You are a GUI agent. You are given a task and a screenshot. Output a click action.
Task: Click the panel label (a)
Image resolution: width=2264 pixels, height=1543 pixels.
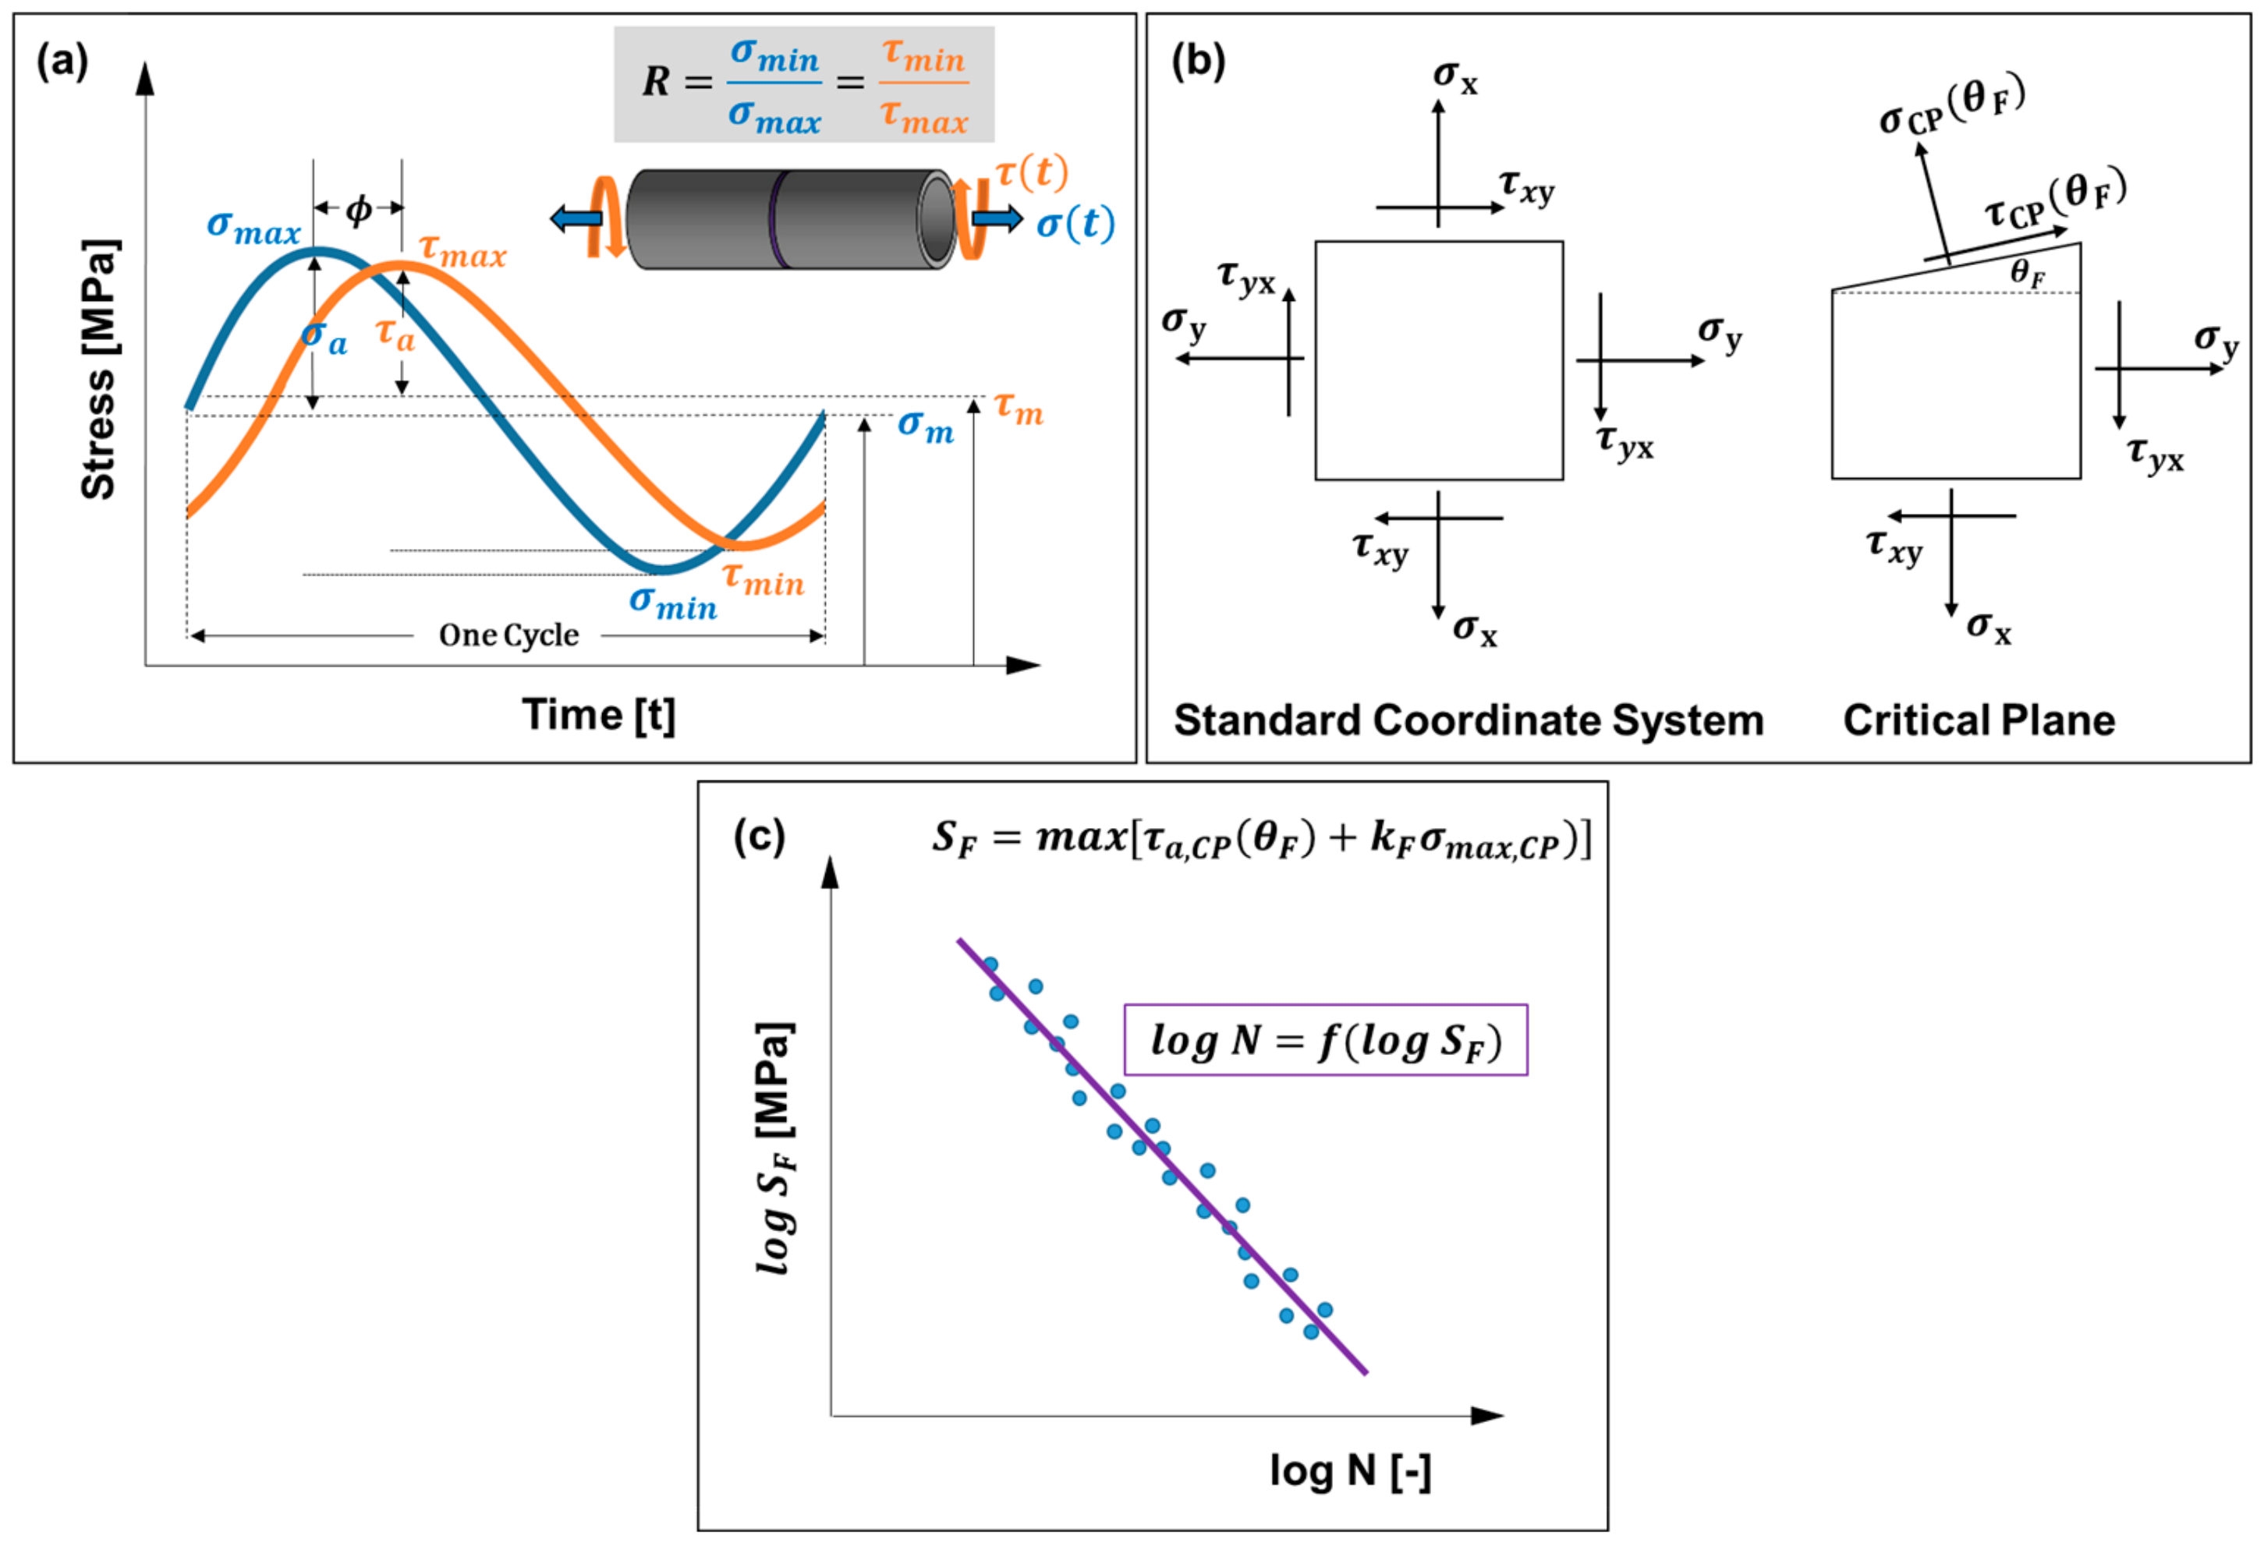(62, 62)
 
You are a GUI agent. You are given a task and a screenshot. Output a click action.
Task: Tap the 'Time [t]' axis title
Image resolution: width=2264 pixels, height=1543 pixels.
(598, 715)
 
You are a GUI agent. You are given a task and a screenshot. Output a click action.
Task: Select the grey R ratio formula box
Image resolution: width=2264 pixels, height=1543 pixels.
(804, 85)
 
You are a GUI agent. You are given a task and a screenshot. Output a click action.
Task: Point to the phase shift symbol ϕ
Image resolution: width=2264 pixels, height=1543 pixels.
(359, 208)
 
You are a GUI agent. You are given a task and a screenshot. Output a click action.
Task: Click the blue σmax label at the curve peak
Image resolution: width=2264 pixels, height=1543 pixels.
(253, 227)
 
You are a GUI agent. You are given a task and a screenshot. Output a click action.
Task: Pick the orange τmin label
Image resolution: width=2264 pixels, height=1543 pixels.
(764, 579)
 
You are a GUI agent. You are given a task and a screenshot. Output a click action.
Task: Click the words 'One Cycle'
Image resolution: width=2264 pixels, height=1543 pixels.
(508, 635)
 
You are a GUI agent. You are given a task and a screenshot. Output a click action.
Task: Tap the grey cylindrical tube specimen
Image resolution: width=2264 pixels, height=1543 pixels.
(789, 219)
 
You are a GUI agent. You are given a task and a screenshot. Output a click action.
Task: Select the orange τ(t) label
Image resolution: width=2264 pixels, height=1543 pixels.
(1032, 172)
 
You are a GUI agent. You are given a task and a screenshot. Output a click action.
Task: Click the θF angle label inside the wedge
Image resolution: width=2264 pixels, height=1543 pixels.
(2027, 274)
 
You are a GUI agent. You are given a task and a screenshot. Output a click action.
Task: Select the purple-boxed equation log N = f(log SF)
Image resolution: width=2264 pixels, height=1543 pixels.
(1325, 1040)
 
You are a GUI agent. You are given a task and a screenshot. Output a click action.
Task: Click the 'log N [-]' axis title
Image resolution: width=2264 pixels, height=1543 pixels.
(1350, 1471)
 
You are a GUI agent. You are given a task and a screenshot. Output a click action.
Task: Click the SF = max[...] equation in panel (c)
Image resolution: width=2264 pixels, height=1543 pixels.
(1262, 837)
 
